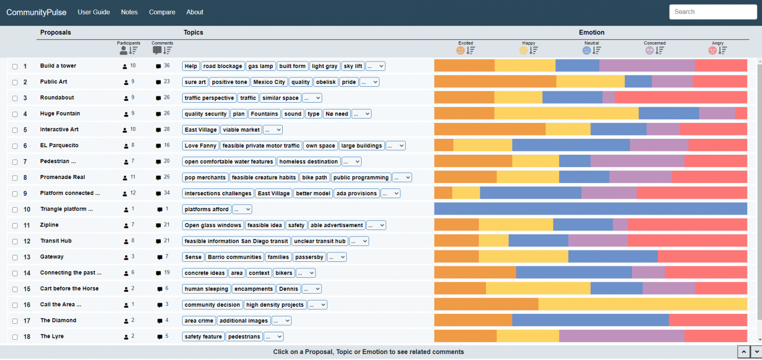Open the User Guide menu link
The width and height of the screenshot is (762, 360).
pos(94,12)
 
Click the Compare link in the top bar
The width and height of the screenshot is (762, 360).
pos(162,12)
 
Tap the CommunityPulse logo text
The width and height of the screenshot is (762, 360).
pos(36,12)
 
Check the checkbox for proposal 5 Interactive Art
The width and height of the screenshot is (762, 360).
pos(15,130)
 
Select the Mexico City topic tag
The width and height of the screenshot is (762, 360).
pos(268,82)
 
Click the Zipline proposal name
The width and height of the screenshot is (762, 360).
pos(49,225)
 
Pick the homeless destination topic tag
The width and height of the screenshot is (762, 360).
pos(309,162)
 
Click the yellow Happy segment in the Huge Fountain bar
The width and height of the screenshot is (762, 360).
pos(566,114)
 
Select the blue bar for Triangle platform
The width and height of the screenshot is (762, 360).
pos(590,209)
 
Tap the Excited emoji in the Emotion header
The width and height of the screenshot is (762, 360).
pos(460,50)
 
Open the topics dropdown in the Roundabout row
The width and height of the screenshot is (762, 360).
pos(312,98)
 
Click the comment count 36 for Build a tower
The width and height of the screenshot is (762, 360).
pos(166,66)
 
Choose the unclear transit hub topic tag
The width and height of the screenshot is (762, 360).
pos(319,241)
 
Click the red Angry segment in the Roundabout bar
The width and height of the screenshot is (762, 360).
pos(681,98)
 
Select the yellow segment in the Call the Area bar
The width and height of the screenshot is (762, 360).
pos(642,304)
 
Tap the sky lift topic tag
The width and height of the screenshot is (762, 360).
pos(353,66)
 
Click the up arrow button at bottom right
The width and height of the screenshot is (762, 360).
pos(744,352)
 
